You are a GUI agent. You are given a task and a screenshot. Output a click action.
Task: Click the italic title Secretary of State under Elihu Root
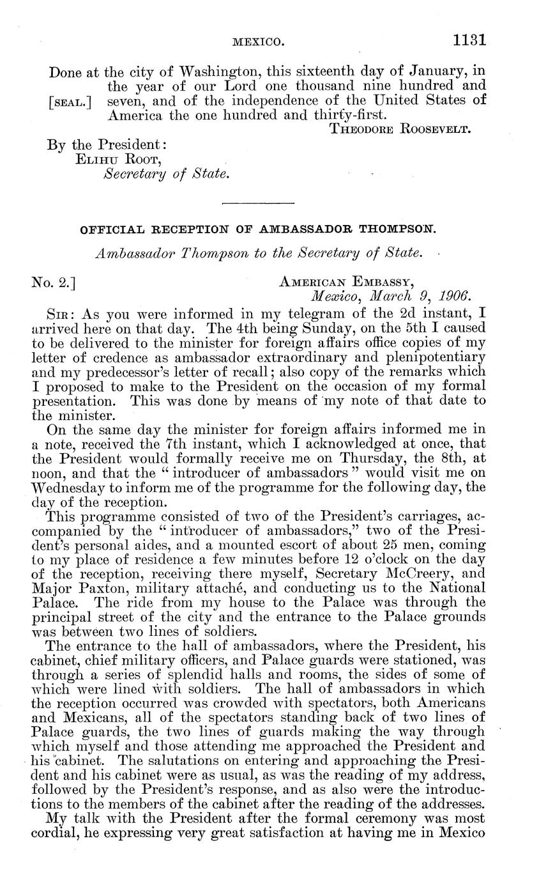[166, 174]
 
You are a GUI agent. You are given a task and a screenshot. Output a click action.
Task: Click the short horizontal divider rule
[257, 204]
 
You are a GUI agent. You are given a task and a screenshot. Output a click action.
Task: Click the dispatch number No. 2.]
[53, 281]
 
